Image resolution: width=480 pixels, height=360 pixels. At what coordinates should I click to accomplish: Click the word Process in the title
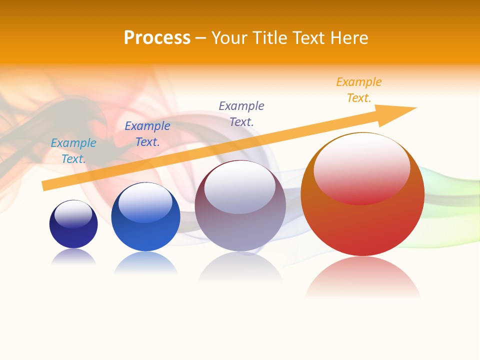pos(157,38)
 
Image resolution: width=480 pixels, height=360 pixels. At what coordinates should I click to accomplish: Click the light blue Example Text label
pos(73,151)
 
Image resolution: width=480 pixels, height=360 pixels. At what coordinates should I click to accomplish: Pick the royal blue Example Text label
pos(147,134)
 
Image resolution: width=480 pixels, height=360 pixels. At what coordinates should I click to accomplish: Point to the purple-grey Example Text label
pos(241,113)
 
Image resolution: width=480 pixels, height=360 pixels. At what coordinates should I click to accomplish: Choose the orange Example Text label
pos(359,90)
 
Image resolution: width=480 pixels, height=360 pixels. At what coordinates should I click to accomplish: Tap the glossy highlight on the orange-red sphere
pos(361,168)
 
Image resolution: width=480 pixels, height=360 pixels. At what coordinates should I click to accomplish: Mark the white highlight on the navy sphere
pos(73,214)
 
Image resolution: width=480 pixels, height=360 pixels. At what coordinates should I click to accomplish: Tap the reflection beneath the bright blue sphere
pos(145,262)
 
